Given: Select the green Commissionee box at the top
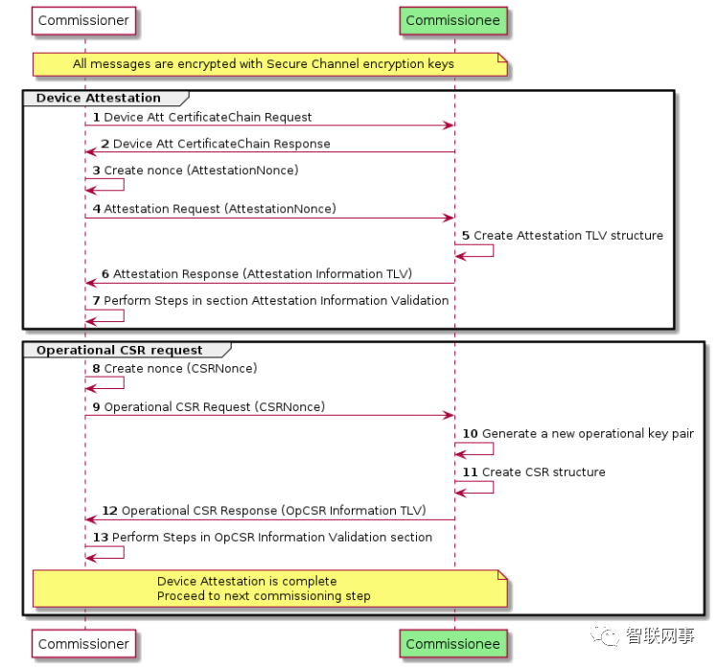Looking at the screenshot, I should [453, 20].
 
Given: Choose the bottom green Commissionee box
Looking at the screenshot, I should [453, 644].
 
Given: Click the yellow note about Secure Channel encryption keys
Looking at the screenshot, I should [269, 64].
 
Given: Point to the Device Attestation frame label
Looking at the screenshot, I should [98, 98].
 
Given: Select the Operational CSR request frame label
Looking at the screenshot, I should [119, 350].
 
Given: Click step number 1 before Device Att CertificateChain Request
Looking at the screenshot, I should [96, 117].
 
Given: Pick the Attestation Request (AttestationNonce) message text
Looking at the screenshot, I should [220, 208].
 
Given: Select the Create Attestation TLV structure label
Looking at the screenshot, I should [567, 235].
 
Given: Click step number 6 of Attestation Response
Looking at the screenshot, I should [105, 274].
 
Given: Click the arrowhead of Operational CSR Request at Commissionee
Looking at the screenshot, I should [449, 415].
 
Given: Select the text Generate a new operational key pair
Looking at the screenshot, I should [588, 433].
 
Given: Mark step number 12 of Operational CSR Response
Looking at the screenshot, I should [109, 511].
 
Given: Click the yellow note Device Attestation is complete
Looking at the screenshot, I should [269, 588].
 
